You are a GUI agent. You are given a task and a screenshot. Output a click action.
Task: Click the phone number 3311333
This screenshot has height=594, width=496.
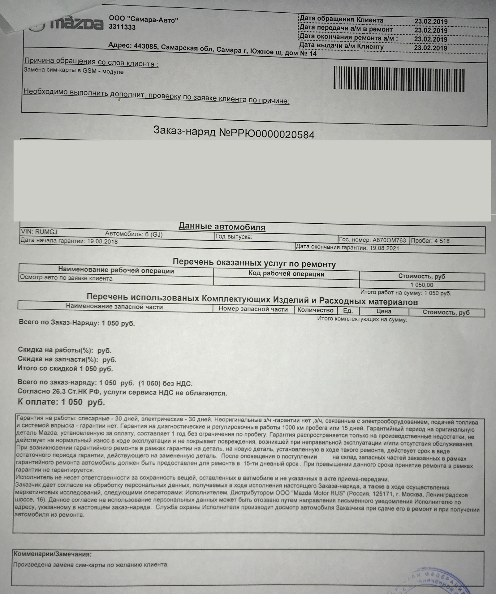point(122,27)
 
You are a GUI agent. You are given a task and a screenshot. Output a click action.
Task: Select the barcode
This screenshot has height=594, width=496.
point(399,78)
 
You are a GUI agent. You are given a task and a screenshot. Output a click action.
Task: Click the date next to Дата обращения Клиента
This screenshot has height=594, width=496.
point(431,22)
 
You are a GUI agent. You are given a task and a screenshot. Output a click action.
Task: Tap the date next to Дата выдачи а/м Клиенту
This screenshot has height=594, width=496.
point(431,48)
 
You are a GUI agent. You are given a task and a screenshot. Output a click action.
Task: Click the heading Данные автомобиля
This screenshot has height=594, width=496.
point(222,227)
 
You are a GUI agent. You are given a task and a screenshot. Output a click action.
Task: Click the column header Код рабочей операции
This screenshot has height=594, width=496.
point(286,274)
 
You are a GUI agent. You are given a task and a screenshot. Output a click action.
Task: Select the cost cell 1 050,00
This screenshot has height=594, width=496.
point(422,285)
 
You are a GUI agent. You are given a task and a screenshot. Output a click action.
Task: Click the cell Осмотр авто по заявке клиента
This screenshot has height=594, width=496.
point(66,278)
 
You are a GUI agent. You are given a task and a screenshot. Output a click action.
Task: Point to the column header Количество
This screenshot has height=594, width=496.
point(315,310)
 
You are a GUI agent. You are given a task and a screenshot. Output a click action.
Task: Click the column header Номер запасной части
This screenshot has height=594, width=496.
point(253,309)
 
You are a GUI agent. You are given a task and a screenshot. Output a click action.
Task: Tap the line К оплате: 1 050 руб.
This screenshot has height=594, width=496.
point(62,402)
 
